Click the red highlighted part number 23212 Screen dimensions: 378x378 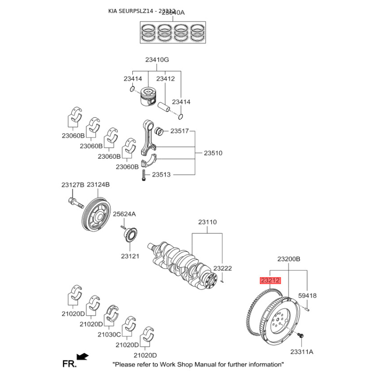pyautogui.click(x=270, y=281)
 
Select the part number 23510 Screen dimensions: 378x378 pyautogui.click(x=213, y=153)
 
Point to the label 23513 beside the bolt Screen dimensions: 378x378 pyautogui.click(x=161, y=174)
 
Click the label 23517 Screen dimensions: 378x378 pyautogui.click(x=180, y=131)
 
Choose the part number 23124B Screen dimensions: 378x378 pyautogui.click(x=98, y=184)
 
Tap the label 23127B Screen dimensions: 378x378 pyautogui.click(x=72, y=184)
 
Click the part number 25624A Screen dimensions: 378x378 pyautogui.click(x=124, y=214)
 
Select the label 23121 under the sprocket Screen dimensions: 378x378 pyautogui.click(x=130, y=256)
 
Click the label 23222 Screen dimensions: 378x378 pyautogui.click(x=223, y=268)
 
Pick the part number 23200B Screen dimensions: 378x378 pyautogui.click(x=289, y=259)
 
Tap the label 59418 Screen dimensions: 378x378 pyautogui.click(x=307, y=296)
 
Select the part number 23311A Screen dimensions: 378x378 pyautogui.click(x=302, y=352)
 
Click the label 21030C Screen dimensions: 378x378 pyautogui.click(x=110, y=334)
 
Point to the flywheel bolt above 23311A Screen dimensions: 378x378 pyautogui.click(x=301, y=336)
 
